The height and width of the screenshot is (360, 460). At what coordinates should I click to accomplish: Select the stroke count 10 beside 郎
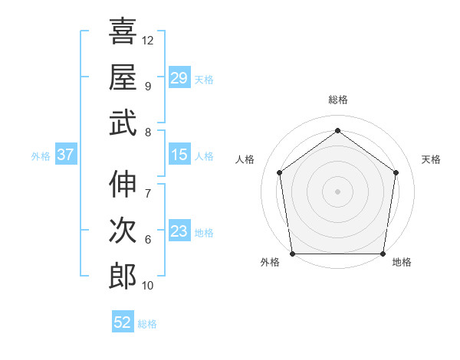[148, 286]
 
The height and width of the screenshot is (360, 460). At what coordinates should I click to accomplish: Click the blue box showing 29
[179, 78]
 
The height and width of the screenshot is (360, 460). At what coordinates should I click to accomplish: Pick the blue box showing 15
[179, 155]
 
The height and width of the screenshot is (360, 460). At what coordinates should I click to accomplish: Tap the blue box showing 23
[179, 231]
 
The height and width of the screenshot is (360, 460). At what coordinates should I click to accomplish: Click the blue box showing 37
[65, 155]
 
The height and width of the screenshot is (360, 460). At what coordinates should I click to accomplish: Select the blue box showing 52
[123, 322]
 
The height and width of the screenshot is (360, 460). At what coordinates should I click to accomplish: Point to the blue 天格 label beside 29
[204, 80]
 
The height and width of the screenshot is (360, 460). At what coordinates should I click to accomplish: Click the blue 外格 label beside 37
[41, 156]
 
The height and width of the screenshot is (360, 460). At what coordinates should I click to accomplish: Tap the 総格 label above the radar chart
[337, 100]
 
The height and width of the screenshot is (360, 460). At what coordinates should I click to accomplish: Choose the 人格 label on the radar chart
[245, 159]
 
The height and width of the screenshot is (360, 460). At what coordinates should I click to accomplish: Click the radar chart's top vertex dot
[337, 130]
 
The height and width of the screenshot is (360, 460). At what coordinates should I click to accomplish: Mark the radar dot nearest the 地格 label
[383, 254]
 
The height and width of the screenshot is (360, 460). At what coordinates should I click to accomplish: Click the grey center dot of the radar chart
[337, 191]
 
